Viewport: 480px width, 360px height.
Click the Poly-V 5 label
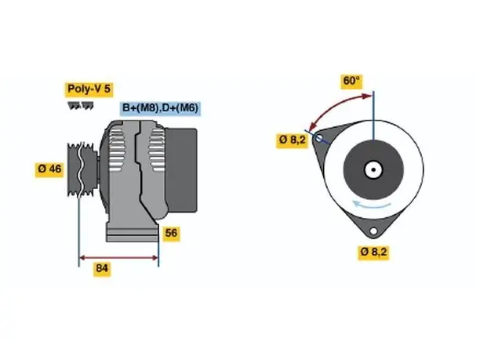point(89,89)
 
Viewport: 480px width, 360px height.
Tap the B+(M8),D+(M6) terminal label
point(160,108)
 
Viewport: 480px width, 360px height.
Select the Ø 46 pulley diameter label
point(49,169)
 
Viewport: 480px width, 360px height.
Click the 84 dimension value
point(102,268)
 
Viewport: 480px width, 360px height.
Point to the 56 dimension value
point(171,233)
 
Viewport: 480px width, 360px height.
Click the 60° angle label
point(351,81)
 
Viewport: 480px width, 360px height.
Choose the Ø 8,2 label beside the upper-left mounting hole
point(292,140)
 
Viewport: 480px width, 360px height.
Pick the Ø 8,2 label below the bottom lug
point(373,252)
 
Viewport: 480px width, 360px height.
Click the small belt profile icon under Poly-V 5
point(81,106)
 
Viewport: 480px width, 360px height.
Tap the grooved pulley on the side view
point(82,169)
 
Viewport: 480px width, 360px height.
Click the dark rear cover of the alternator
point(181,170)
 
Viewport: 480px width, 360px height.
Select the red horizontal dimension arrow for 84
point(118,258)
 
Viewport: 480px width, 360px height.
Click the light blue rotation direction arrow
point(372,205)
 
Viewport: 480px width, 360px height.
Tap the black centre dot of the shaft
point(373,169)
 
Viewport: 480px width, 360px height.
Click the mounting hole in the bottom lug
point(373,231)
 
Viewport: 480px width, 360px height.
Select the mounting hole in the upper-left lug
point(318,138)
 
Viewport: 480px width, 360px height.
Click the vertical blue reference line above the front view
point(373,115)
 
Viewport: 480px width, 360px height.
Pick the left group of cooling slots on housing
point(118,150)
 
